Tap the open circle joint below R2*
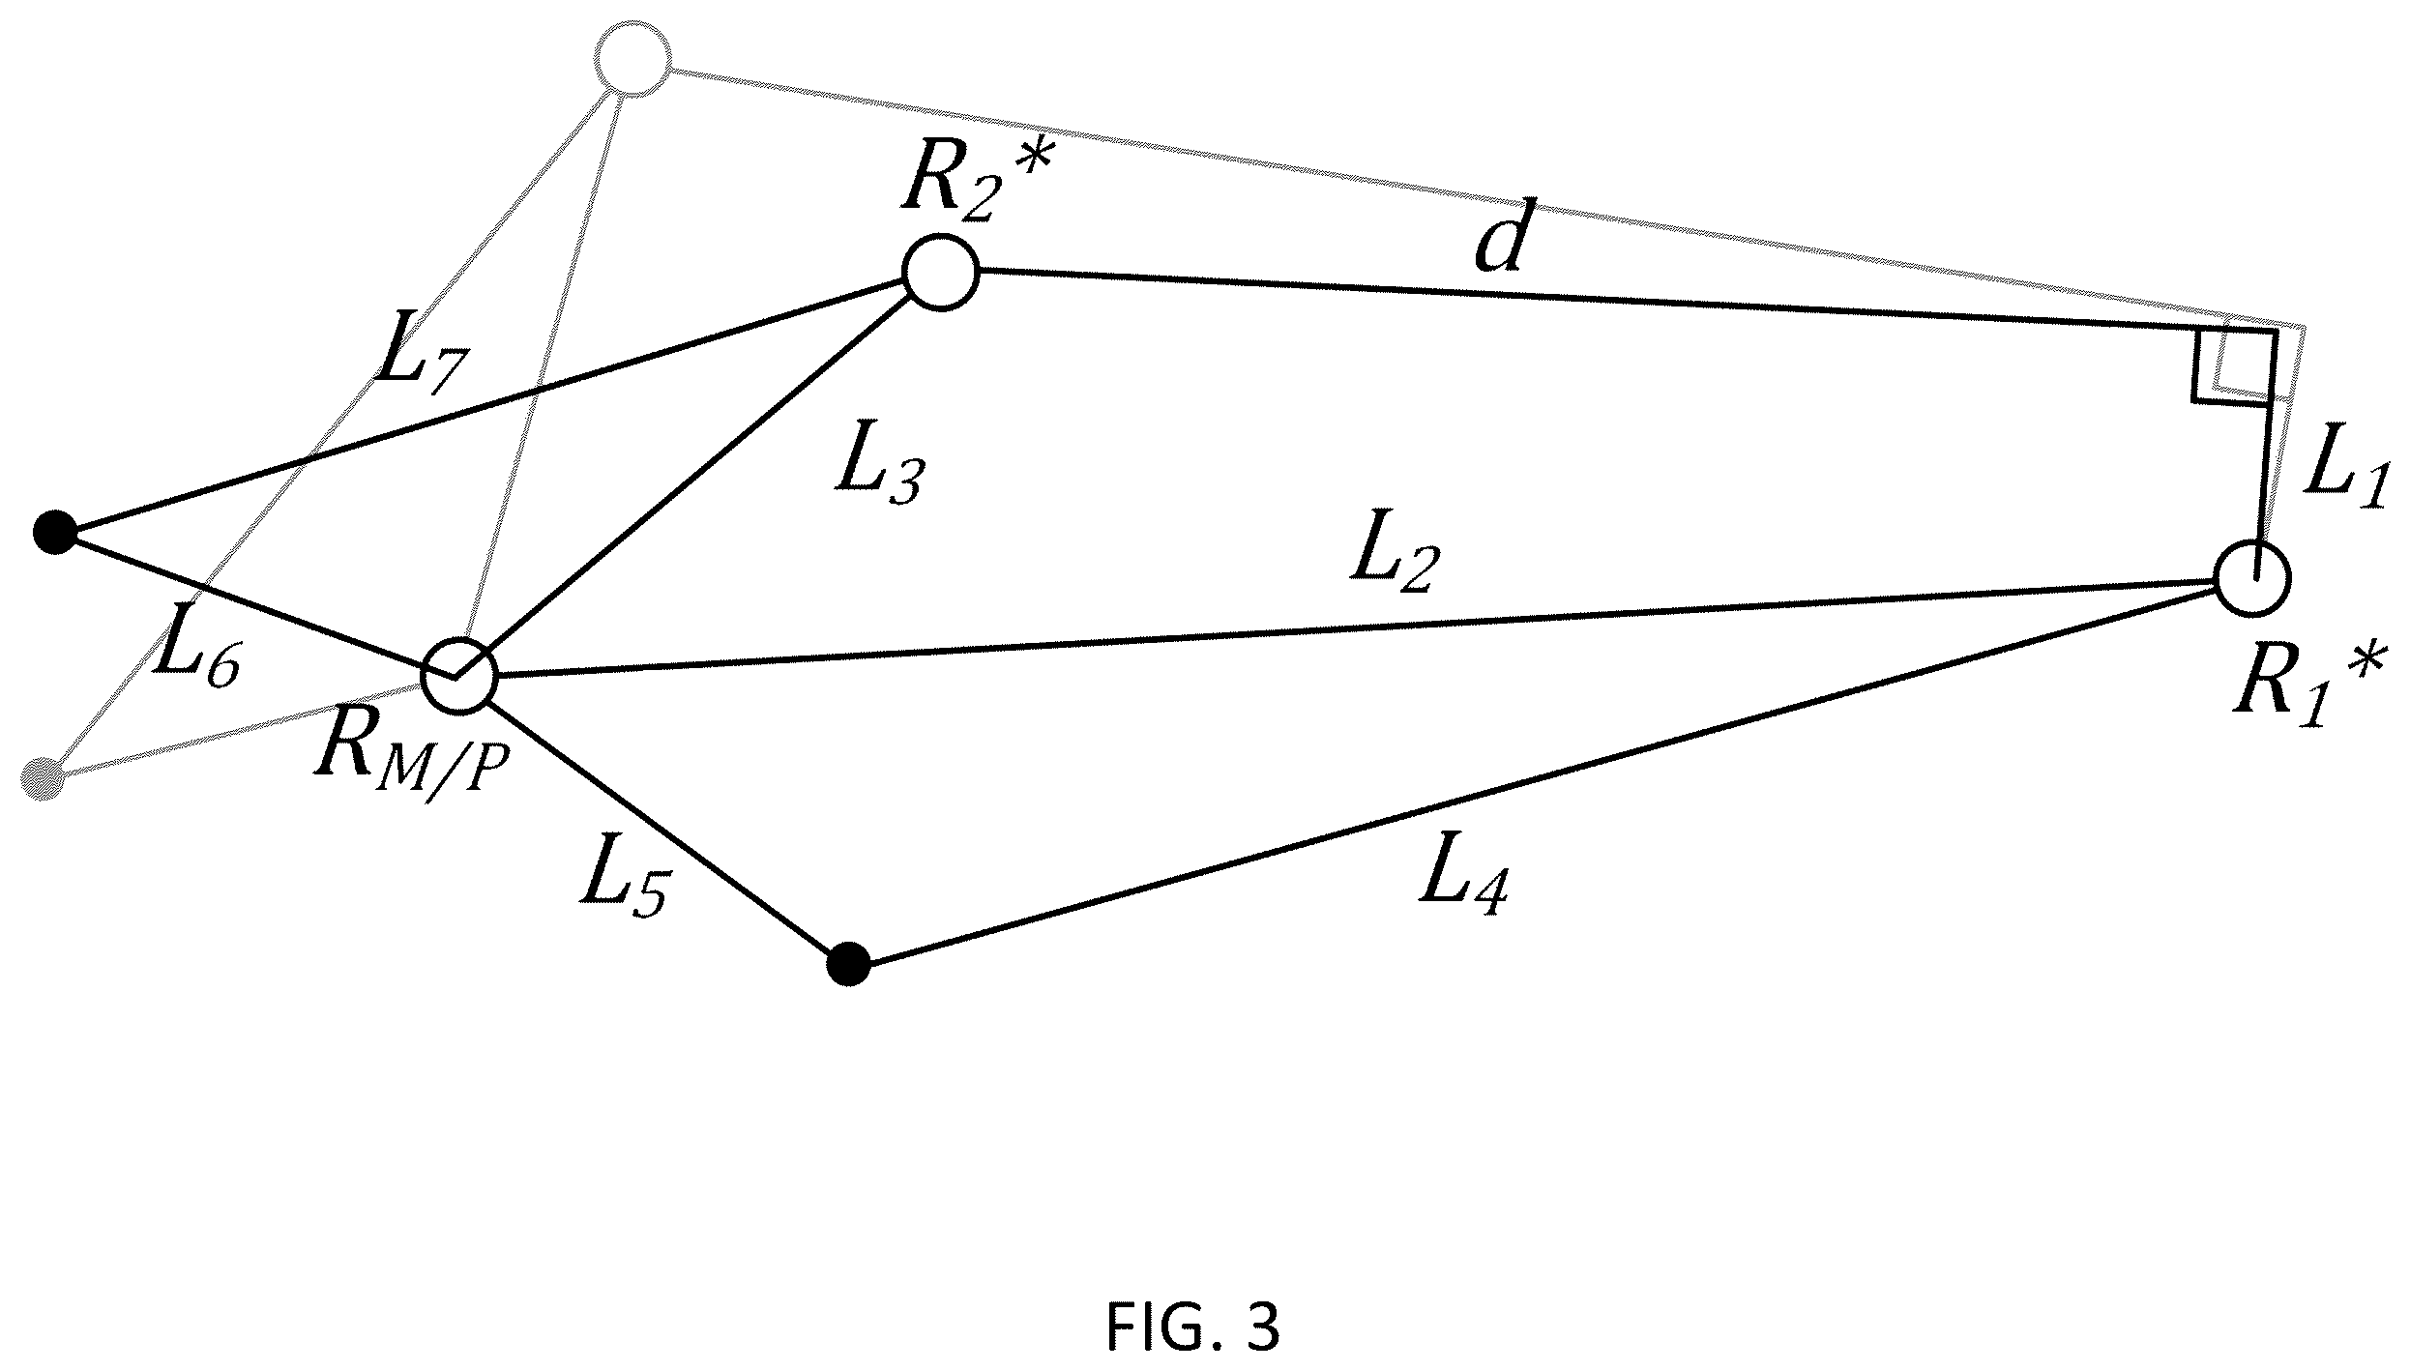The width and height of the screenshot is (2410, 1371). [941, 272]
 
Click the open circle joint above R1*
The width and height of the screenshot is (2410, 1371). [2253, 579]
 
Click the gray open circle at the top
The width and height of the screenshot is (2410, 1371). [633, 59]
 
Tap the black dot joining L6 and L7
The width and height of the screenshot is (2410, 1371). [55, 532]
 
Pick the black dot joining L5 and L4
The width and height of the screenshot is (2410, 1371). [849, 964]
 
